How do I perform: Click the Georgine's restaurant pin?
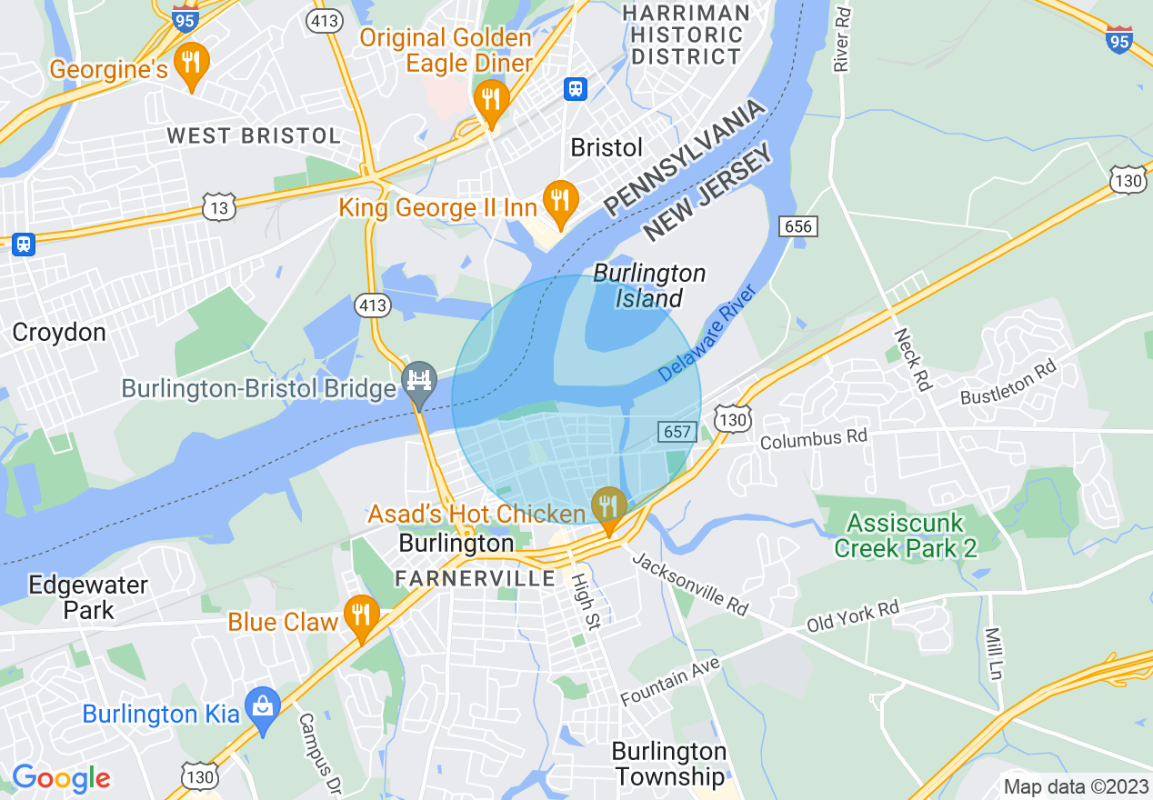pos(190,64)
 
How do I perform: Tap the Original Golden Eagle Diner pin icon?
pos(491,97)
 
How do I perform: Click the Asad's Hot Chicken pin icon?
pos(608,506)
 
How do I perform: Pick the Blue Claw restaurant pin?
pos(361,615)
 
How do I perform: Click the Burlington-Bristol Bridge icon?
pos(419,380)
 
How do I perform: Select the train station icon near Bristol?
pos(576,88)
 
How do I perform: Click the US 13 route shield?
pos(220,206)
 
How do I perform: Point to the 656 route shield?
pos(799,225)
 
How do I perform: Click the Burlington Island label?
pos(649,285)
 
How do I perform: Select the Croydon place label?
pos(59,333)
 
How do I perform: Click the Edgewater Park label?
pos(88,596)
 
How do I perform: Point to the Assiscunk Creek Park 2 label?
pos(906,535)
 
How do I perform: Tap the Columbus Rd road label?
pos(814,439)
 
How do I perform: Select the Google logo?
pos(61,778)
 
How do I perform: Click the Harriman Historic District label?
pos(687,35)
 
